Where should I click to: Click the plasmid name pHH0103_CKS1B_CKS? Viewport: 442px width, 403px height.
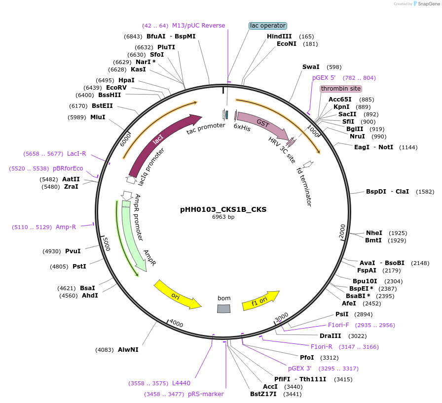pos(223,209)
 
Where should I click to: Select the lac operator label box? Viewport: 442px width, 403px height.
pos(268,25)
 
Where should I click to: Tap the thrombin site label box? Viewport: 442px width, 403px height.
pos(341,89)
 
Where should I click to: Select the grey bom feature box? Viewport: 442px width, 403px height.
pos(224,308)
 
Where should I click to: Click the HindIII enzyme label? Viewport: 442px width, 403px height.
pos(279,36)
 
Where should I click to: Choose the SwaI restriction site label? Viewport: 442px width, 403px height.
pos(311,67)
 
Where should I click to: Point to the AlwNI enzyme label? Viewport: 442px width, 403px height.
pos(128,349)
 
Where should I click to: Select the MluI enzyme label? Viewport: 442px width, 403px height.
pos(98,117)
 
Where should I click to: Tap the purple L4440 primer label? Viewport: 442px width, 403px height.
pos(181,383)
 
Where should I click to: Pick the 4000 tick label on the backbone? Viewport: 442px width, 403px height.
pos(176,324)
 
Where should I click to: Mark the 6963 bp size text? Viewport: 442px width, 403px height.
pos(223,217)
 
